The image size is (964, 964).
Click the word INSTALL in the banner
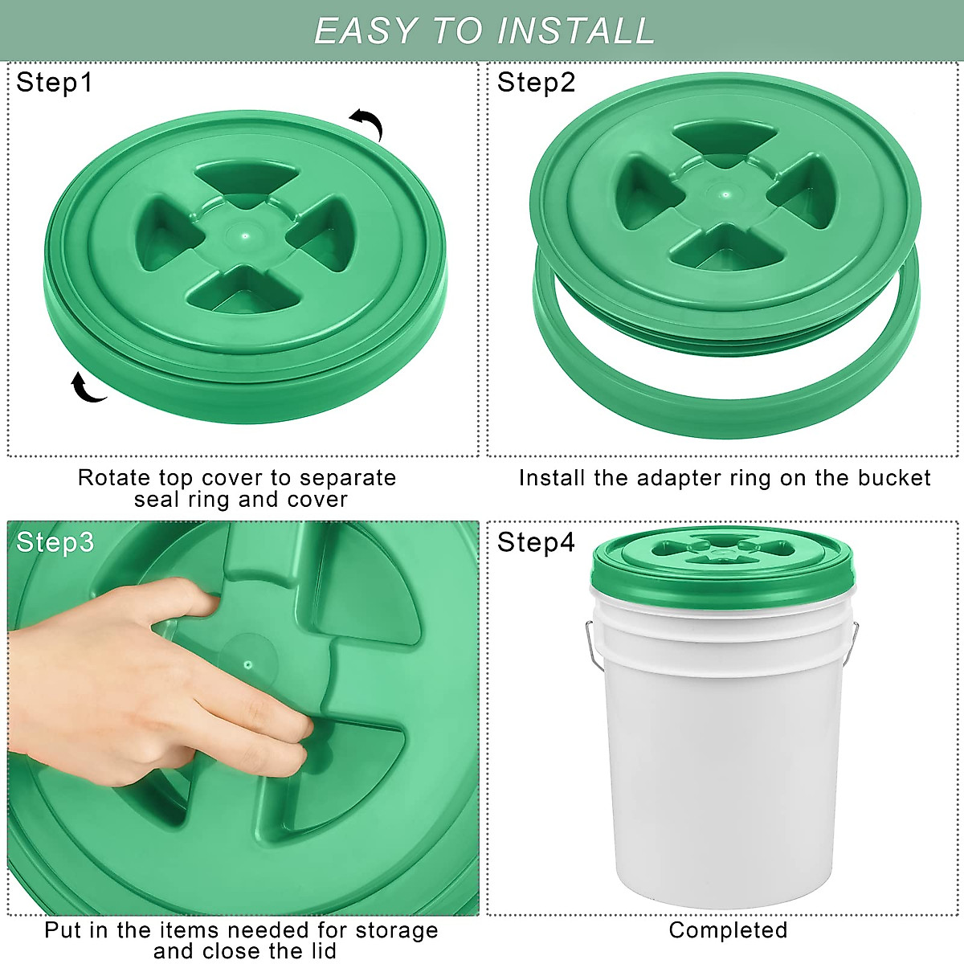click(x=575, y=31)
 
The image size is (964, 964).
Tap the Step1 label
click(x=55, y=83)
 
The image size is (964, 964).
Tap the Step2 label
click(x=536, y=83)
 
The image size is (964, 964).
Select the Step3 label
click(x=55, y=542)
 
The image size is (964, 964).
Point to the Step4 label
click(x=536, y=542)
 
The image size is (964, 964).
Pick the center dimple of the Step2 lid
click(x=725, y=194)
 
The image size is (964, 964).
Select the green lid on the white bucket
click(x=723, y=562)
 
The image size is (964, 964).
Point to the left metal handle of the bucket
click(x=590, y=643)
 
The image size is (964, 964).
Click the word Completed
click(x=728, y=930)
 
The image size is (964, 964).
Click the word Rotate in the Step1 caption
click(x=114, y=478)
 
